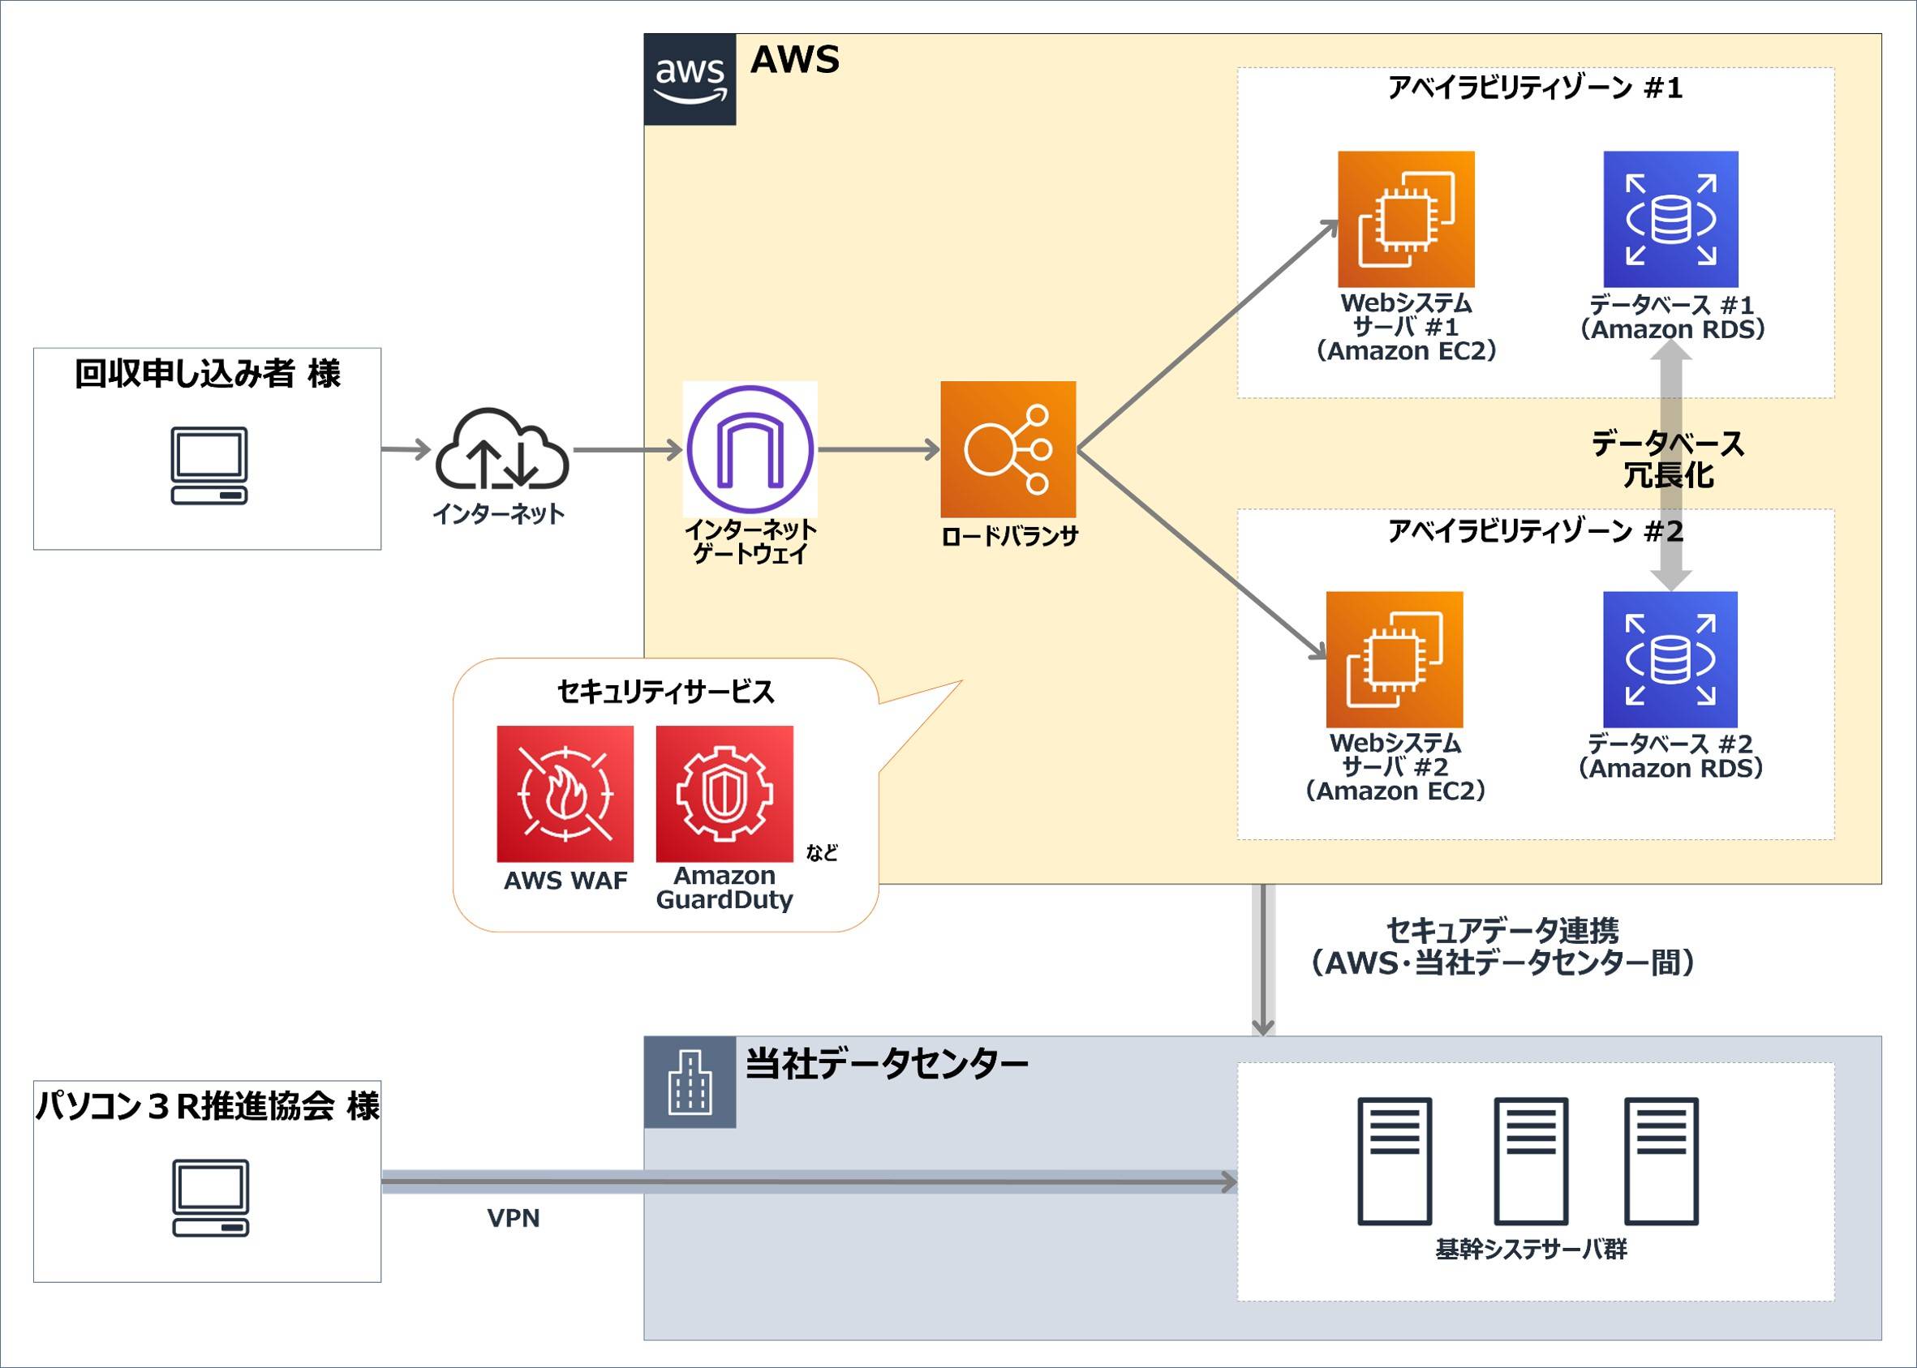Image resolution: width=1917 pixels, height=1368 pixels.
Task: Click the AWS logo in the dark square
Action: coord(690,79)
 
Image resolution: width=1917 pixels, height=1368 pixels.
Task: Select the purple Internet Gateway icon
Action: coord(750,449)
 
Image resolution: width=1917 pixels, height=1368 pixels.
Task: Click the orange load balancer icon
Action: coord(1008,449)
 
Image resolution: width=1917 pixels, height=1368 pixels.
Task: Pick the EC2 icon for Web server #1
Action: coord(1406,219)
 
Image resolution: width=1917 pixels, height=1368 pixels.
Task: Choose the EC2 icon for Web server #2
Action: coord(1394,658)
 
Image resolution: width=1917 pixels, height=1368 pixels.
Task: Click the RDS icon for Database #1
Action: coord(1670,219)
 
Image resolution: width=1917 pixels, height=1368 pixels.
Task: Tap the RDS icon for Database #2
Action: coord(1670,658)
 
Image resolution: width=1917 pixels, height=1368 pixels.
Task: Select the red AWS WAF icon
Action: coord(565,794)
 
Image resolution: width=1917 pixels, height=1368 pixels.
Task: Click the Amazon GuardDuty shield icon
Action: coord(724,794)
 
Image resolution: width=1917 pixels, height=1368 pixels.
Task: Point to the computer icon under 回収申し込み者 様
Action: coord(209,465)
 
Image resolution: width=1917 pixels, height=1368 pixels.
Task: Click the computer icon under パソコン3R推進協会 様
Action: coord(210,1198)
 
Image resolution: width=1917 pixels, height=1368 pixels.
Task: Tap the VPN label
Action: coord(514,1218)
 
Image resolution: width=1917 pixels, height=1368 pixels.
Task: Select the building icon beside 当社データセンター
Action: coord(690,1082)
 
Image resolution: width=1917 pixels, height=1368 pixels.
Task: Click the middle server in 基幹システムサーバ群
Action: coord(1530,1160)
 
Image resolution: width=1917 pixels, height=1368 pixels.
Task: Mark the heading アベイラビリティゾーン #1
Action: coord(1534,88)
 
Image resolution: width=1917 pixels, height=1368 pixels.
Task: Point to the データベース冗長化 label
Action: coord(1668,460)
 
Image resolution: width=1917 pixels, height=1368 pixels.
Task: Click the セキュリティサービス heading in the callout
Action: coord(665,692)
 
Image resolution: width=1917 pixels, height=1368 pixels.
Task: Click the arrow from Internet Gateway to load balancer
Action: coord(878,450)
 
